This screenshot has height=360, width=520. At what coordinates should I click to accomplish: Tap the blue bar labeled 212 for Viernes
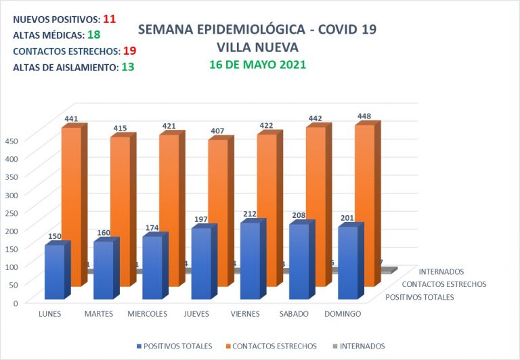pyautogui.click(x=250, y=261)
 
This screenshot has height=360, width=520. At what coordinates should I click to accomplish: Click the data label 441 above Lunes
pyautogui.click(x=71, y=119)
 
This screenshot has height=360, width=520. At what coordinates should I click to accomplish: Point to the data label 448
pyautogui.click(x=364, y=116)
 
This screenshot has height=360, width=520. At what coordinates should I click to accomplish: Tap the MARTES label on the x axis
pyautogui.click(x=99, y=314)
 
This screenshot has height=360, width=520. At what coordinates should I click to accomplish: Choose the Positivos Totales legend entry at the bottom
pyautogui.click(x=173, y=346)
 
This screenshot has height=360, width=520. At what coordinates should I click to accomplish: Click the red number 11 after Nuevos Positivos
pyautogui.click(x=110, y=19)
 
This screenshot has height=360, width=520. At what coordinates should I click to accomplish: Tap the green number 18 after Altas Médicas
pyautogui.click(x=94, y=35)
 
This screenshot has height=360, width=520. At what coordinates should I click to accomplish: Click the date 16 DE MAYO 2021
pyautogui.click(x=257, y=65)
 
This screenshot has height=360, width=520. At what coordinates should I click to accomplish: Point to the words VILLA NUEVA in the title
pyautogui.click(x=257, y=47)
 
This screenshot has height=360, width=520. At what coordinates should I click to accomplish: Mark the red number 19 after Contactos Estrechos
pyautogui.click(x=131, y=51)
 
